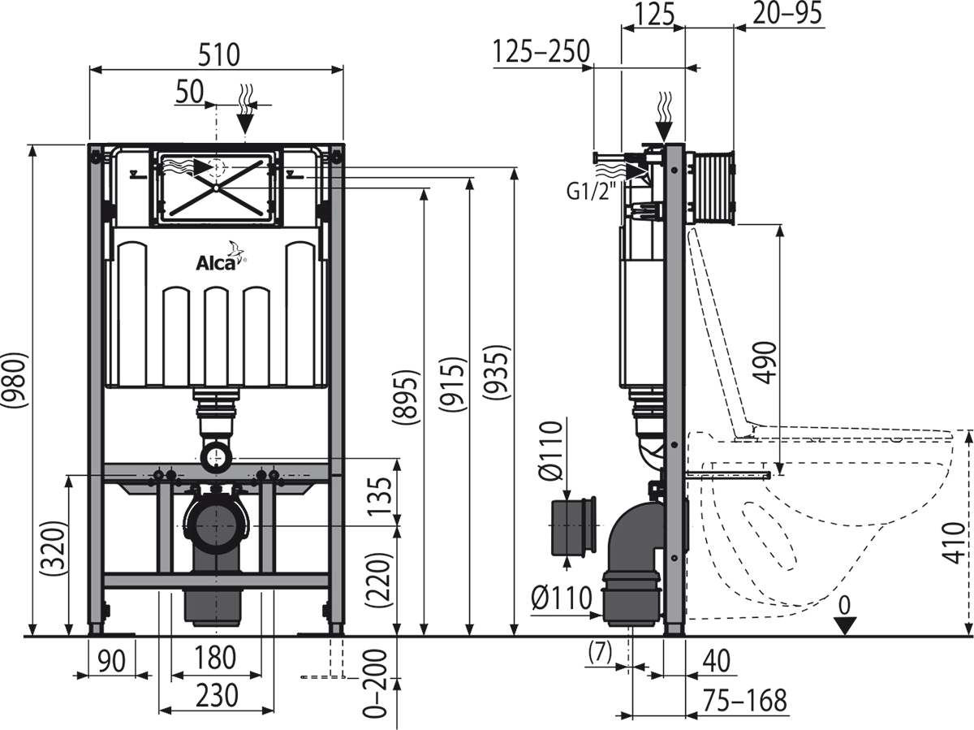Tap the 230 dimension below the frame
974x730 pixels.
click(216, 696)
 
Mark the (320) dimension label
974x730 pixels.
click(54, 548)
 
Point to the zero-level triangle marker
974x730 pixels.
click(845, 624)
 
